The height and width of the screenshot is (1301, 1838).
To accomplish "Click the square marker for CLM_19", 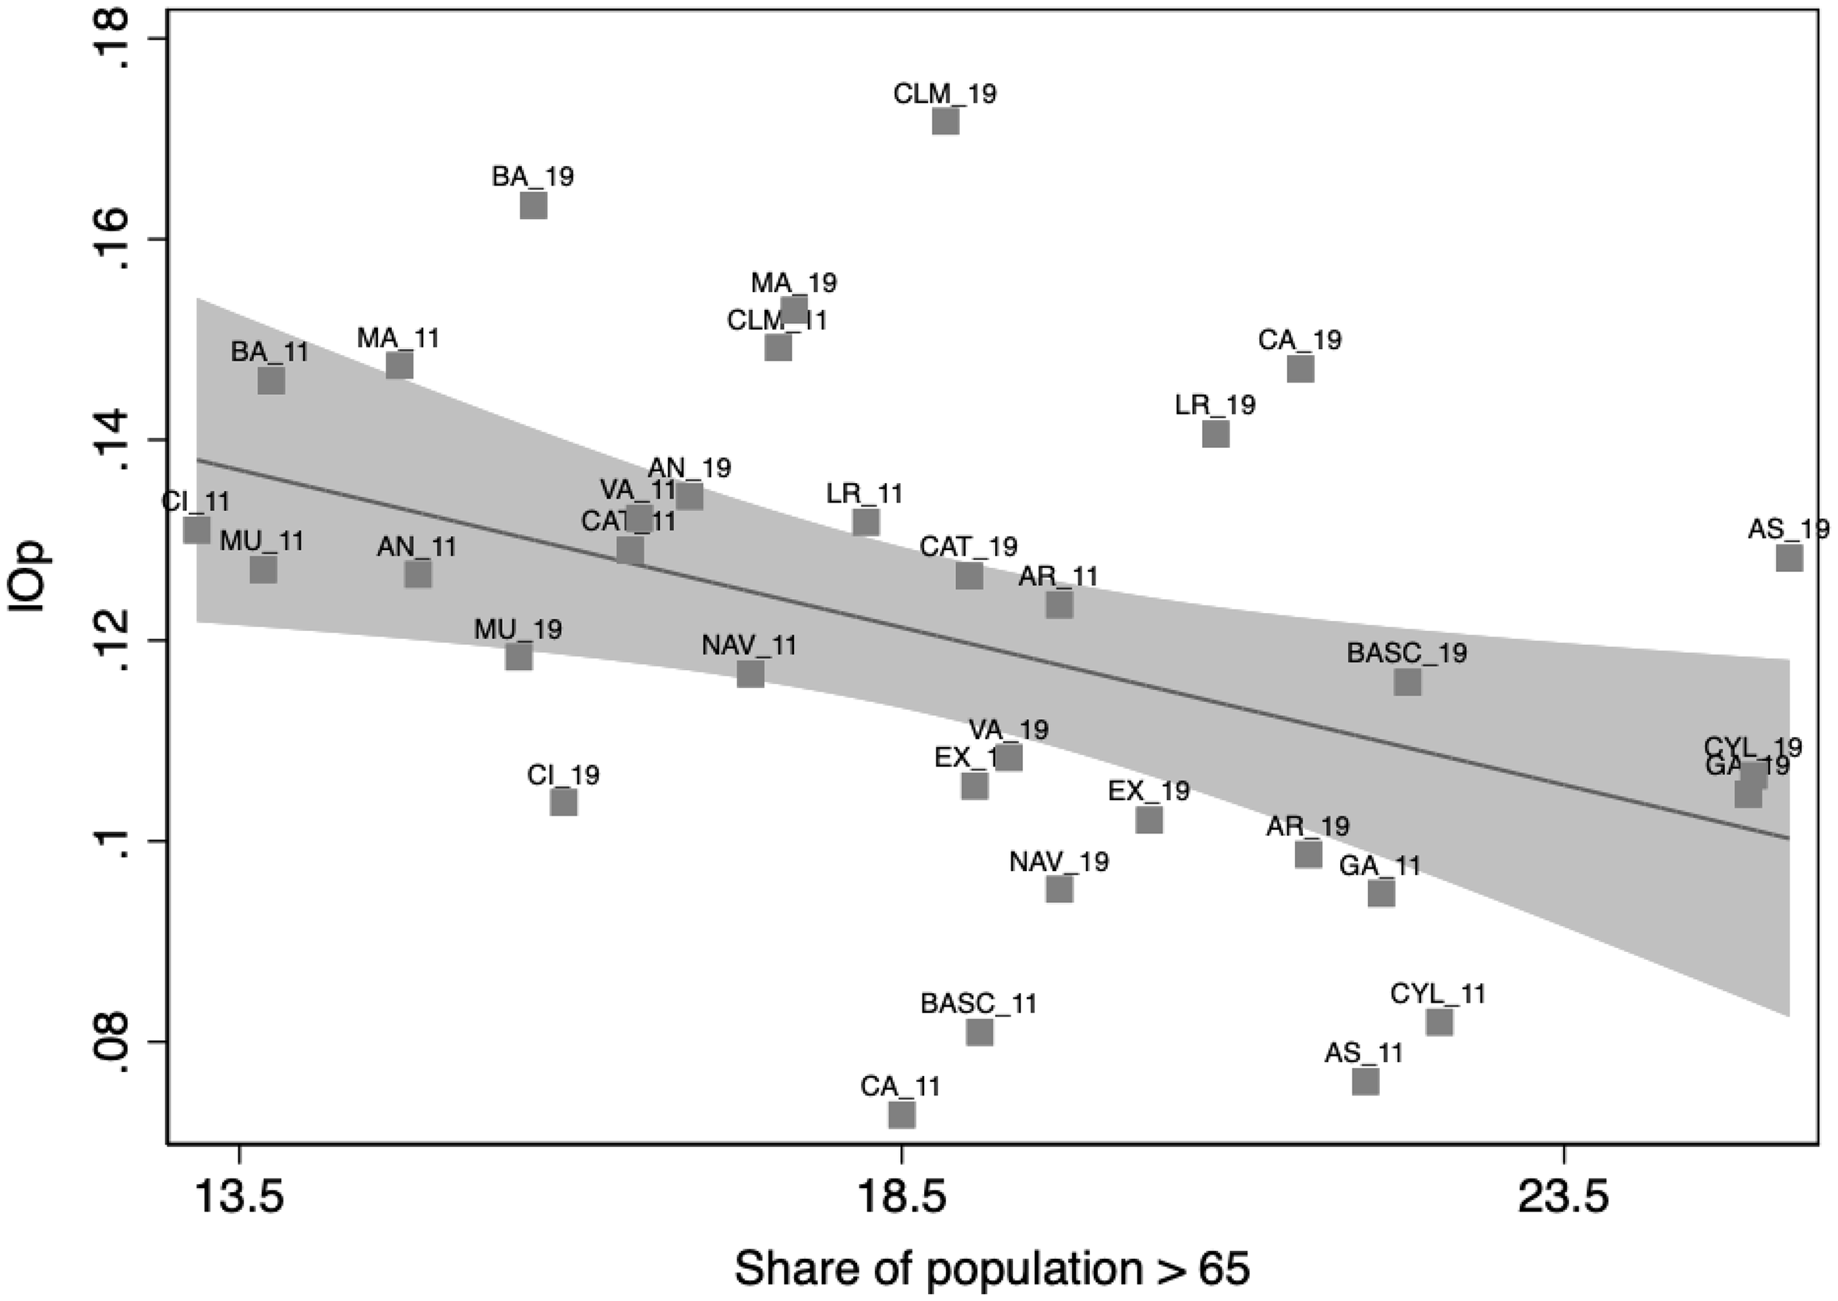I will tap(945, 122).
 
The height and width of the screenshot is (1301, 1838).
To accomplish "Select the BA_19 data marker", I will tap(534, 205).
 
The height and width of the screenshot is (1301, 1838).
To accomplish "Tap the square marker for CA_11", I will tap(901, 1113).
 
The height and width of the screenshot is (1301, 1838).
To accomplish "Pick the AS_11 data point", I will tap(1365, 1081).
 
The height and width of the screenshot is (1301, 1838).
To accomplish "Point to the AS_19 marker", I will tap(1789, 558).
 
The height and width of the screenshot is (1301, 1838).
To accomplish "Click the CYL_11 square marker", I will tap(1439, 1023).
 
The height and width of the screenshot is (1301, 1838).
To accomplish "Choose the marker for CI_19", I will tap(563, 802).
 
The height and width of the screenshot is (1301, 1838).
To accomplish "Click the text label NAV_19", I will tap(1058, 862).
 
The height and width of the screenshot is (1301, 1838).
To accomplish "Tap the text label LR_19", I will tap(1215, 405).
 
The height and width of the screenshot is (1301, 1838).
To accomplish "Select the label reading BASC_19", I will tap(1406, 654).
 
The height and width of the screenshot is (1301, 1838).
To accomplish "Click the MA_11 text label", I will tap(398, 338).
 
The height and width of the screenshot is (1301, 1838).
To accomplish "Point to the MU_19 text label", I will tap(517, 629).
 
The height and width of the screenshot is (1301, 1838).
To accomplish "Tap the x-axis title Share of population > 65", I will tap(992, 1269).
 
